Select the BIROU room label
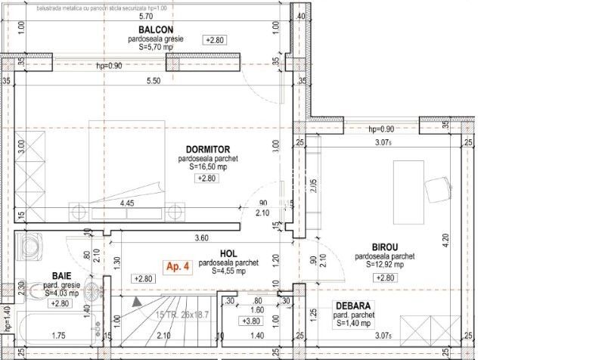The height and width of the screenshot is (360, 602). click(385, 247)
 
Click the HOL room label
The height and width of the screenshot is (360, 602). click(230, 254)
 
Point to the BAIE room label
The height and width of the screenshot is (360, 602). click(62, 276)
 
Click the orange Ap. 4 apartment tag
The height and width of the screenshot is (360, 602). click(179, 266)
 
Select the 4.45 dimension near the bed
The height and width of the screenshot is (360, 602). click(126, 203)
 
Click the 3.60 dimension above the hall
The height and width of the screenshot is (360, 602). click(201, 237)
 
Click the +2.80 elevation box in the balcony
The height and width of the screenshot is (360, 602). click(216, 39)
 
